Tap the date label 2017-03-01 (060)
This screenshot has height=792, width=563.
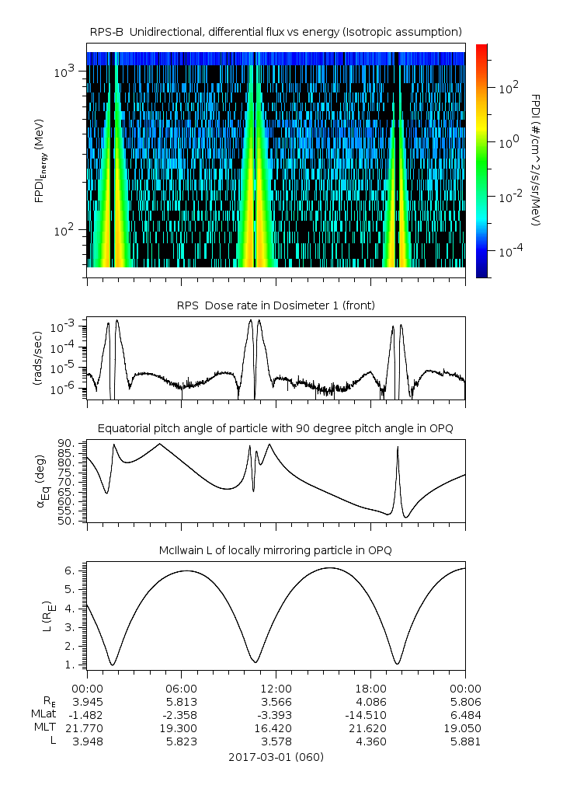(276, 757)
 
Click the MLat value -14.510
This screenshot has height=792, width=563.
(370, 714)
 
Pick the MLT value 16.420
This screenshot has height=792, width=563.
(276, 728)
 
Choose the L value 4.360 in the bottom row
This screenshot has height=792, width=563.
(370, 741)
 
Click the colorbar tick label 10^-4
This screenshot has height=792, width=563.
(509, 252)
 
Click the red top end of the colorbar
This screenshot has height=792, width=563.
(482, 48)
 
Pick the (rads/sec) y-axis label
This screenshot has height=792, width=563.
(36, 358)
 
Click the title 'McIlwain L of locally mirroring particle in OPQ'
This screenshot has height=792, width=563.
(276, 551)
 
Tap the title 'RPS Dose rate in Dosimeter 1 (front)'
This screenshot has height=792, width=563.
(276, 305)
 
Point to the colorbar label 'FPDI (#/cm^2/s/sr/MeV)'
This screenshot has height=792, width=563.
(535, 159)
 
